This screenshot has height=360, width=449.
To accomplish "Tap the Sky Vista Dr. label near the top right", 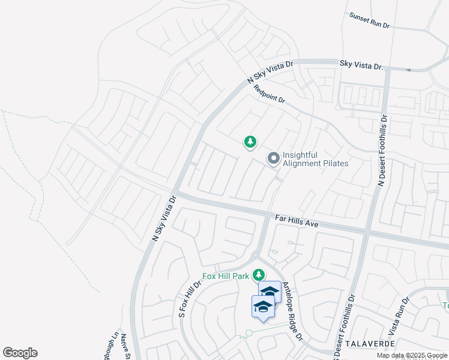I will (x=361, y=64).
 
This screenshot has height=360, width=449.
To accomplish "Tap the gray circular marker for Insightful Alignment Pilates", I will (x=274, y=158).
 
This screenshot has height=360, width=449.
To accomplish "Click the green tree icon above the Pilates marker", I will (x=250, y=142).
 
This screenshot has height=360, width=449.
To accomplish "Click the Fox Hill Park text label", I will (x=225, y=275).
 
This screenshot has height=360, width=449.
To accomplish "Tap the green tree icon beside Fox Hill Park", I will (x=259, y=275).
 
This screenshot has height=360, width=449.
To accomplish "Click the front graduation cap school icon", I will (x=263, y=307).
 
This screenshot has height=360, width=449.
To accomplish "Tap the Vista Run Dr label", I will (x=399, y=316).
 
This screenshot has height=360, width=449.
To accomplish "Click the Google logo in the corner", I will (x=20, y=353).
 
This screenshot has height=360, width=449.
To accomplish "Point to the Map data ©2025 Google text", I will (x=412, y=355).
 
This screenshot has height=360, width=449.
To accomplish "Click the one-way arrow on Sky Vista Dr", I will (x=408, y=70).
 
